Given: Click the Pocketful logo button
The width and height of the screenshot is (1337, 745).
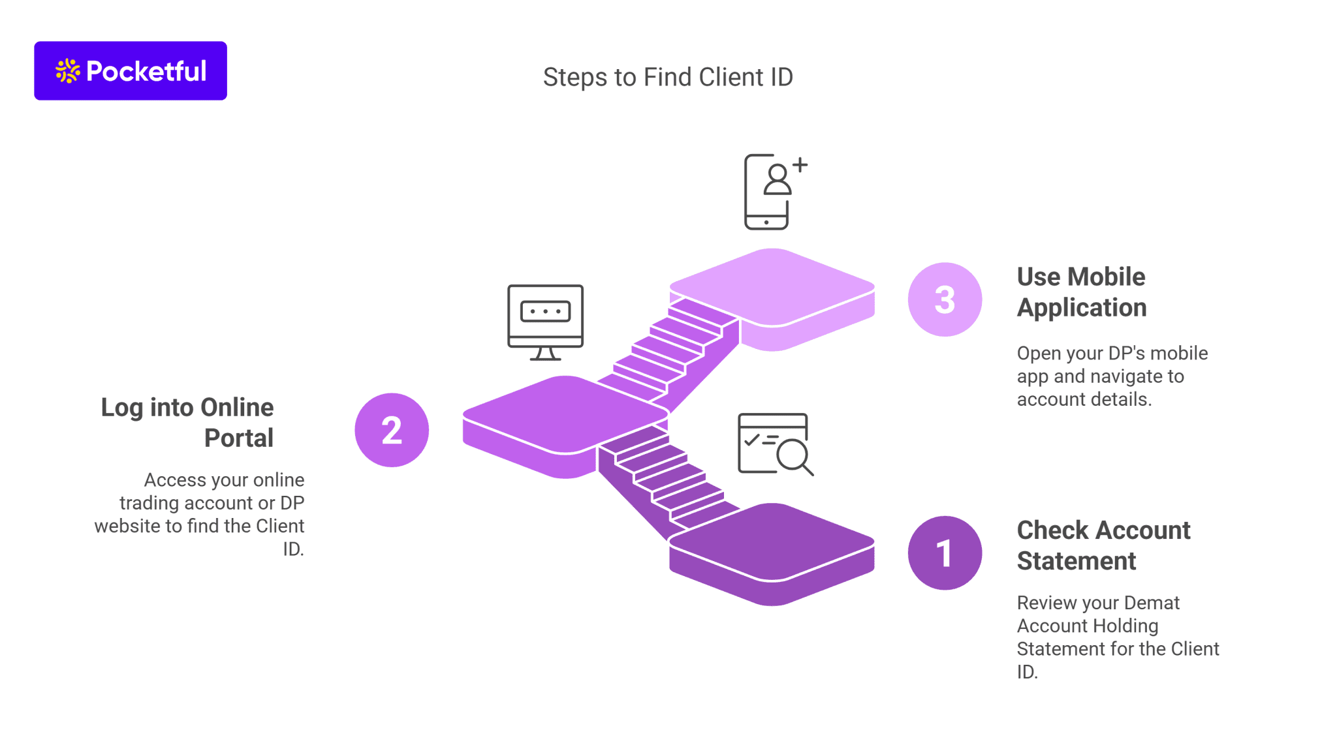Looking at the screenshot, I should [x=131, y=70].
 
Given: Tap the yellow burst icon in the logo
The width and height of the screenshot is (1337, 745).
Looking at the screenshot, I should [x=67, y=70].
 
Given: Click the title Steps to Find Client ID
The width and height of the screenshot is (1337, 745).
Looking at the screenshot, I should [x=667, y=77].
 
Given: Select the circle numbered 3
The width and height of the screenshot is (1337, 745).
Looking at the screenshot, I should [x=944, y=299].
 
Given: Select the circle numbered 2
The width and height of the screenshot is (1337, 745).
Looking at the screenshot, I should [x=391, y=430].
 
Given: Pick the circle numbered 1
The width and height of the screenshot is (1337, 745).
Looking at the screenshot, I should [x=944, y=553].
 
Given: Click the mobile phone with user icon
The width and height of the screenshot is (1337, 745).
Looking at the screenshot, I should [x=768, y=192].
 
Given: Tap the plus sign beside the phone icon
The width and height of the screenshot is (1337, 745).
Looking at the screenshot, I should [x=800, y=165].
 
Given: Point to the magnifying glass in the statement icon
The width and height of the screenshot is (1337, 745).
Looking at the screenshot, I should [x=793, y=455].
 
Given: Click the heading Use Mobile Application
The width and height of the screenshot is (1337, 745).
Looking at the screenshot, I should [x=1081, y=292].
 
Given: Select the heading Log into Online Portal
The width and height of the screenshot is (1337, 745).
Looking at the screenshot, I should [x=187, y=422].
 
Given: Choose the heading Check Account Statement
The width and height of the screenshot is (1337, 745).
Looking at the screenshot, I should [x=1103, y=545].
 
